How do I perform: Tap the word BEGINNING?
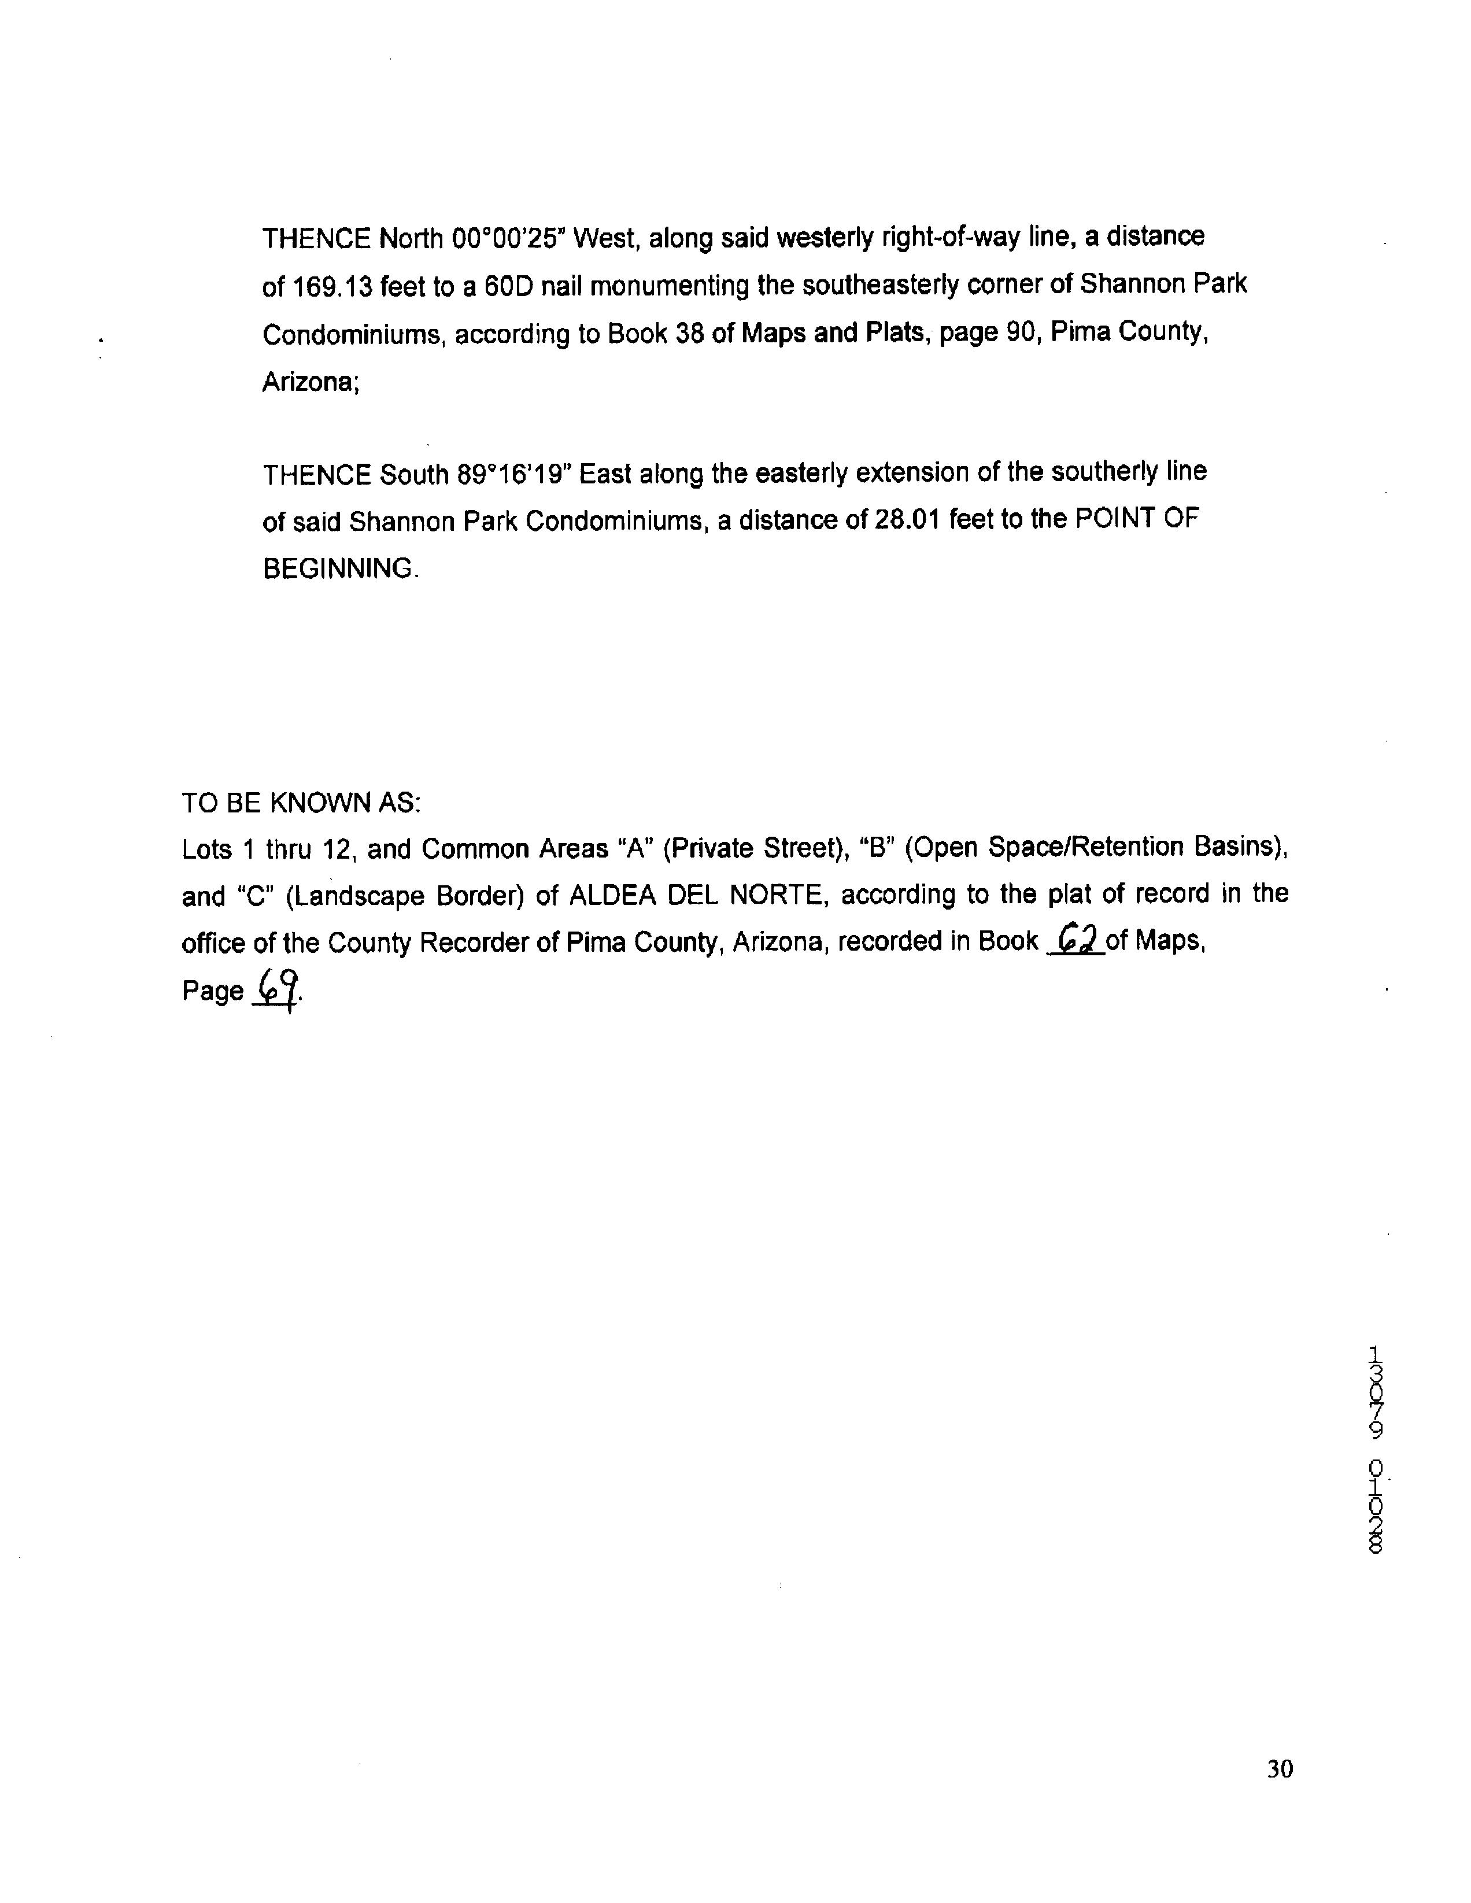pyautogui.click(x=339, y=569)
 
